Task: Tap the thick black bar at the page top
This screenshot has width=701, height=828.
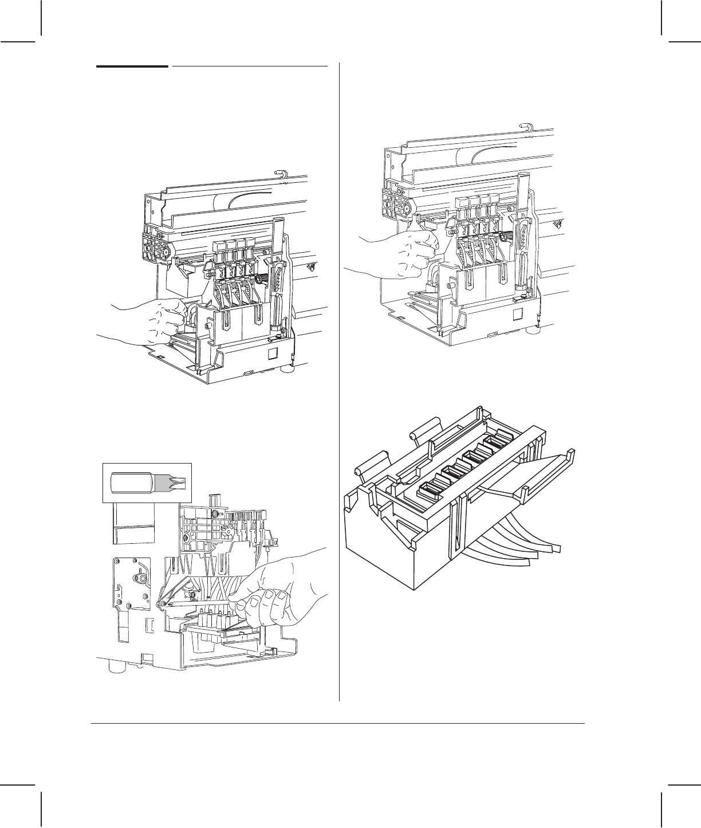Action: pos(132,66)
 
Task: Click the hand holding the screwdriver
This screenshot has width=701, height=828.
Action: pos(275,590)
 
